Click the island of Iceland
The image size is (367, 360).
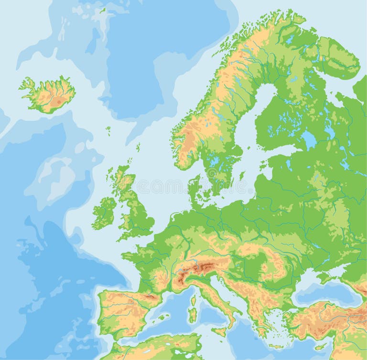click(x=48, y=95)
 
